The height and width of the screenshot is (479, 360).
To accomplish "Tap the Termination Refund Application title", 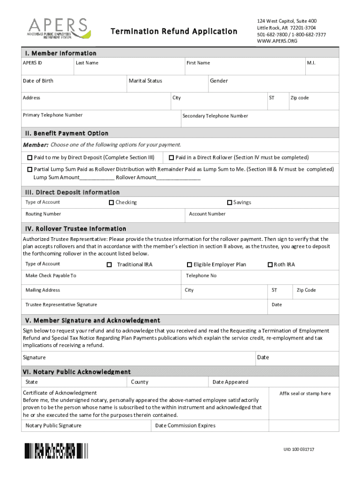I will click(x=174, y=31).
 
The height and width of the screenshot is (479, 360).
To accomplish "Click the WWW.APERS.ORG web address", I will click(x=277, y=41).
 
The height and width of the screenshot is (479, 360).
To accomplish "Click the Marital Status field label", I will click(x=145, y=81).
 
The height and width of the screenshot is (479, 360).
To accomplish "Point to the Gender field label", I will click(x=219, y=81).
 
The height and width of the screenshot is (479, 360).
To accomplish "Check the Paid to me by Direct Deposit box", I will click(x=30, y=158).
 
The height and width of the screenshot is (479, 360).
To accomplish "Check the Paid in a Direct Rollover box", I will click(x=172, y=158).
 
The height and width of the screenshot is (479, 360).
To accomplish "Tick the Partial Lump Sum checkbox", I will click(x=30, y=169).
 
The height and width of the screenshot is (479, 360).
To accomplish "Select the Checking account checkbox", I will click(x=111, y=203).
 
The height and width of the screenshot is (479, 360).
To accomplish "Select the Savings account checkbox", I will click(x=230, y=203).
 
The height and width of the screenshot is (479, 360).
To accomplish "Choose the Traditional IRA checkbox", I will click(x=109, y=265).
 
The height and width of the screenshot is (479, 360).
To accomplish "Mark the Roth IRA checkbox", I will click(x=270, y=265).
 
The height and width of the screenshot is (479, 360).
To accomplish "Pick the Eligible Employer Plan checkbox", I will click(x=189, y=265).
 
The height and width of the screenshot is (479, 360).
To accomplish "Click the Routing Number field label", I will click(x=43, y=214).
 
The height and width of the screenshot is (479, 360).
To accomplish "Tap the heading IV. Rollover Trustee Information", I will click(x=75, y=229).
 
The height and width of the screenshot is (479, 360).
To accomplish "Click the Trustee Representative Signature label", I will click(x=61, y=305).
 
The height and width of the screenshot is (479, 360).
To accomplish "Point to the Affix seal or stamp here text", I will click(x=305, y=393).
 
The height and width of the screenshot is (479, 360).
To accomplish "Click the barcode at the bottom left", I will click(x=57, y=450).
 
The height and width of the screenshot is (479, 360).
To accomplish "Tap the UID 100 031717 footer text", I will click(x=299, y=450).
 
